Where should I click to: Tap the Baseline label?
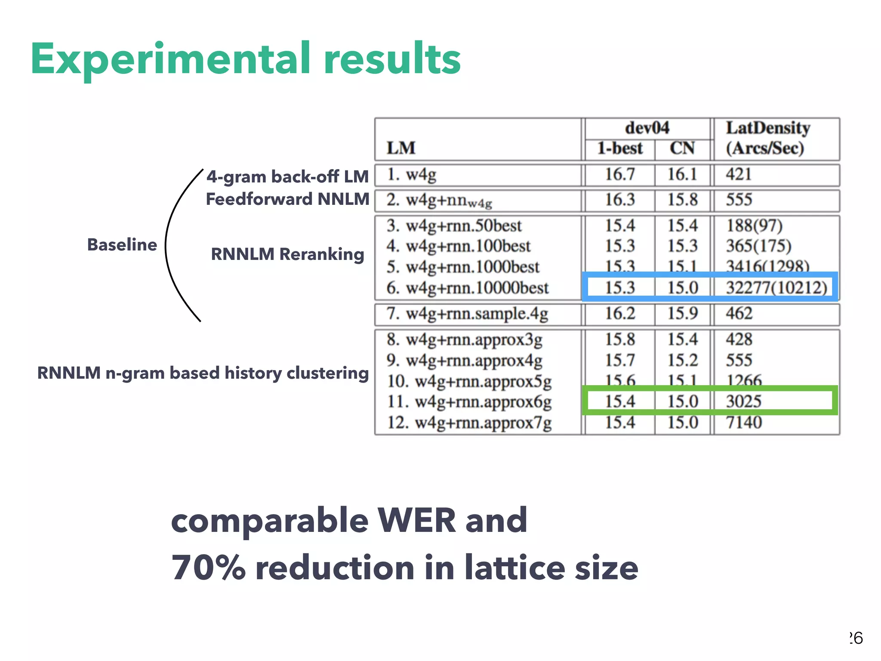pyautogui.click(x=122, y=244)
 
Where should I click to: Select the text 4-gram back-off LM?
pyautogui.click(x=287, y=176)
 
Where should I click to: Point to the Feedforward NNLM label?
pyautogui.click(x=287, y=199)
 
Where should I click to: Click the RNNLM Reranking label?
pyautogui.click(x=287, y=254)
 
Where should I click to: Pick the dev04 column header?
pyautogui.click(x=647, y=128)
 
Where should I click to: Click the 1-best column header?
pyautogui.click(x=619, y=148)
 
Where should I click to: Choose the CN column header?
pyautogui.click(x=682, y=148)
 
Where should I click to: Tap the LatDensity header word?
pyautogui.click(x=768, y=128)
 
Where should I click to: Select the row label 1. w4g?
pyautogui.click(x=411, y=175)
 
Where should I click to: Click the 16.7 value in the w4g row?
pyautogui.click(x=620, y=174)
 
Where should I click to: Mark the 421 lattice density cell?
pyautogui.click(x=739, y=174)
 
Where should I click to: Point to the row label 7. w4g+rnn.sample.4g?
pyautogui.click(x=467, y=314)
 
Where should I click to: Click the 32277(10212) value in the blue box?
pyautogui.click(x=776, y=287)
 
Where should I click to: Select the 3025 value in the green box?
pyautogui.click(x=743, y=401)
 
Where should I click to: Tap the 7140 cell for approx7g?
pyautogui.click(x=744, y=422)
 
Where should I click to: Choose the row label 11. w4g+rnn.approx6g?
pyautogui.click(x=469, y=402)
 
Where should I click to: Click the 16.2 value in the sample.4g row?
pyautogui.click(x=620, y=313)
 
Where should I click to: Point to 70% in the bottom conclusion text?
pyautogui.click(x=208, y=568)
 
